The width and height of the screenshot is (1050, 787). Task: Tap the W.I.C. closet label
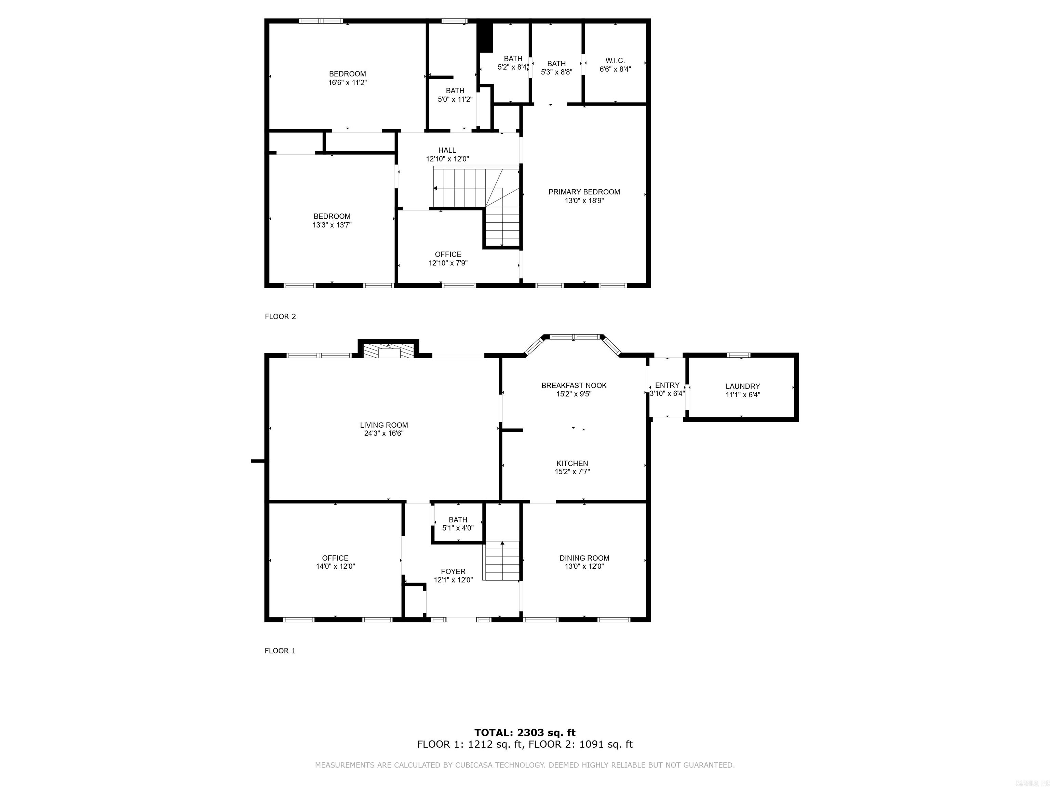coord(615,61)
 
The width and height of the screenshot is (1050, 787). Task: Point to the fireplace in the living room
coord(388,351)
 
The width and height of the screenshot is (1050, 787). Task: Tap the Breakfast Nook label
coord(574,386)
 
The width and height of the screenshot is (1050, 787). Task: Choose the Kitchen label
coord(572,464)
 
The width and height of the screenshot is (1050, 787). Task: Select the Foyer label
coord(453,571)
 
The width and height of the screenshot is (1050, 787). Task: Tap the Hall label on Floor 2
coord(447,150)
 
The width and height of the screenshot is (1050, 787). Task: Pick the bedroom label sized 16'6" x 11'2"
coord(348,74)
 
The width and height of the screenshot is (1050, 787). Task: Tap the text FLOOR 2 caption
coord(280,316)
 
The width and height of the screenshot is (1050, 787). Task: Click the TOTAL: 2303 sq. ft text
coord(525,733)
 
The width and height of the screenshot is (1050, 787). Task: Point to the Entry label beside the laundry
coord(667,385)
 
